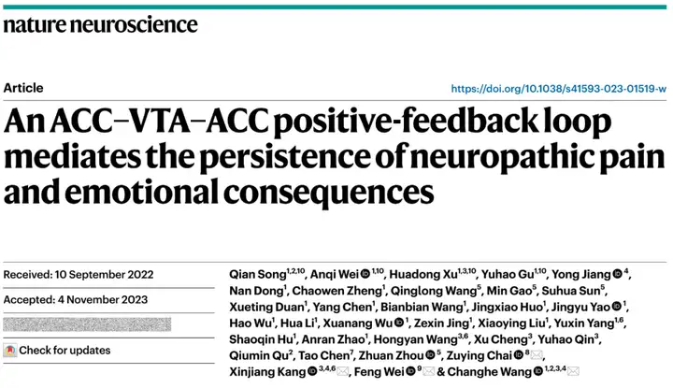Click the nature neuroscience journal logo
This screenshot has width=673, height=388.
[93, 21]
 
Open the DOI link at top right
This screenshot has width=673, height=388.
[559, 88]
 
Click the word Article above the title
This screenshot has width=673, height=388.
[23, 88]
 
